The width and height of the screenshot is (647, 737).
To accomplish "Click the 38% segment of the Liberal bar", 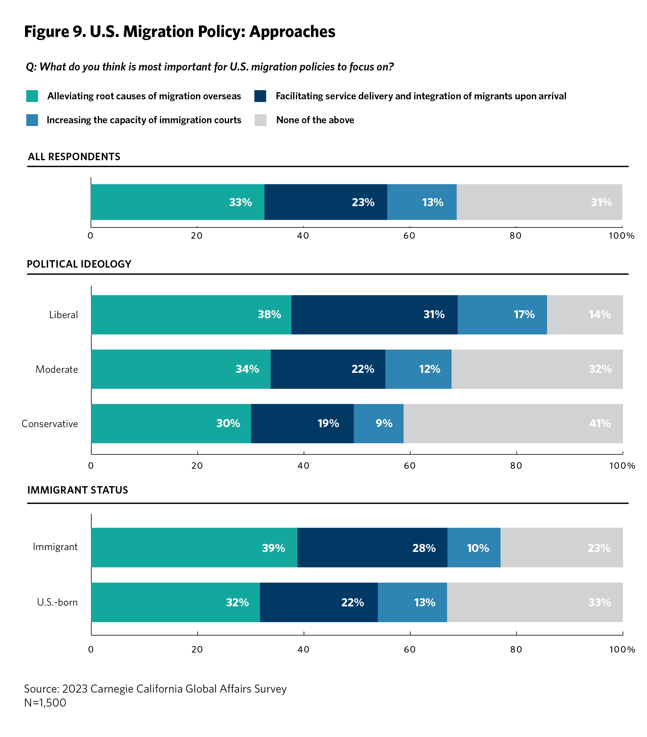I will (x=191, y=314).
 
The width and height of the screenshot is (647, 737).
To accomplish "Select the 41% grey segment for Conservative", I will (x=513, y=423).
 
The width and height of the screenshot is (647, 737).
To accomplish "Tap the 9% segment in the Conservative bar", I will (x=378, y=423).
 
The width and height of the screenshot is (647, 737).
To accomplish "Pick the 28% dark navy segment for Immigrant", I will (x=372, y=548).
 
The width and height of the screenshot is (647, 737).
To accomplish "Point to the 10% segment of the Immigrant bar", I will (x=473, y=548).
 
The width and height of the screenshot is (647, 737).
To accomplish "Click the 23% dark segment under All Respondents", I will (x=325, y=202).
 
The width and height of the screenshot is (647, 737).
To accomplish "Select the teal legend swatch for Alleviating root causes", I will (x=32, y=96).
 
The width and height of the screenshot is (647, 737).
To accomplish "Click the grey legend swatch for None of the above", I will (x=260, y=120).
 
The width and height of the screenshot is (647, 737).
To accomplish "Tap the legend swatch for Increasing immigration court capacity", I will (x=32, y=120).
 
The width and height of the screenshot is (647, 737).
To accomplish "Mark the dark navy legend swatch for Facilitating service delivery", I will (x=260, y=96).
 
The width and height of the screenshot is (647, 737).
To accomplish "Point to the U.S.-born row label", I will (x=57, y=602).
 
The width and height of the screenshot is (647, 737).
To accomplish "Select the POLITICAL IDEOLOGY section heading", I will (x=79, y=264).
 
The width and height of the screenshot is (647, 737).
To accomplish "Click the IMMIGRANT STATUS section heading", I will (x=78, y=490).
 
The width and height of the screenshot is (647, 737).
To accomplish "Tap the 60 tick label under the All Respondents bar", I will (x=409, y=236).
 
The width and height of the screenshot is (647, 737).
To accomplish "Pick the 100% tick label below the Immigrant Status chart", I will (x=622, y=649).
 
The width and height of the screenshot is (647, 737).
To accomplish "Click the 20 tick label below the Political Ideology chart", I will (x=197, y=465).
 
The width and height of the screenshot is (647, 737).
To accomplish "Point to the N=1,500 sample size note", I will (x=45, y=703).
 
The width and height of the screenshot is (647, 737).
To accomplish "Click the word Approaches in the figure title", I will (x=292, y=32).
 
